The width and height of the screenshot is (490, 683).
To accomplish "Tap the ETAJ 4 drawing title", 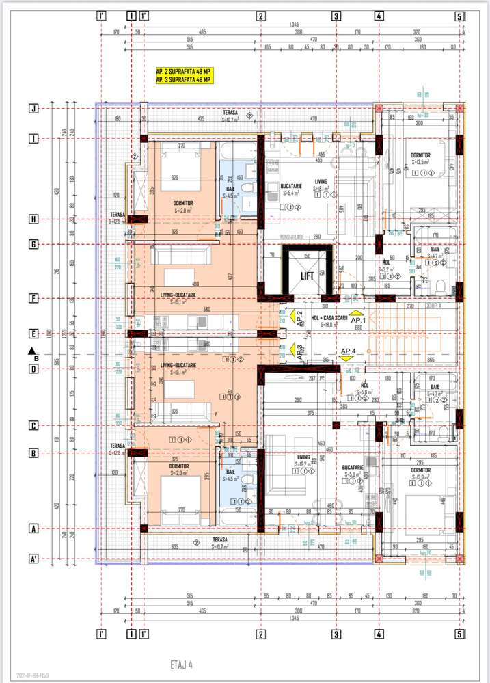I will pos(182,663).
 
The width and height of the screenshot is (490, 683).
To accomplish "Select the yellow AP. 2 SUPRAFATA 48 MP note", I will pos(184,71).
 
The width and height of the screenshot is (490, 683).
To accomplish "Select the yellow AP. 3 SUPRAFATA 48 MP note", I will pos(184,80).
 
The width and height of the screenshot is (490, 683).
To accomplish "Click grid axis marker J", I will pos(32,108).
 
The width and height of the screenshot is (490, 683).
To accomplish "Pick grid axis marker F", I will pos(32,298).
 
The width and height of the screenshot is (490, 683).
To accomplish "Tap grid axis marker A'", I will pos(32,559).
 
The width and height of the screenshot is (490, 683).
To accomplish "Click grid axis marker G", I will pos(32,244).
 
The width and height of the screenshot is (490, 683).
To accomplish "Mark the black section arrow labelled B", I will pos(32,353).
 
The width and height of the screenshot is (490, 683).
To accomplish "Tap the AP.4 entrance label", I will pos(349,351).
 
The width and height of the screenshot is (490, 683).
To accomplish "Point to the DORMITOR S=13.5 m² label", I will pos(420,159).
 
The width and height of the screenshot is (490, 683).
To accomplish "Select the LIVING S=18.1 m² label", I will pos(321,185).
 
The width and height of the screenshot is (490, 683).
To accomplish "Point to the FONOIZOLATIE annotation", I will pos(292,237).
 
